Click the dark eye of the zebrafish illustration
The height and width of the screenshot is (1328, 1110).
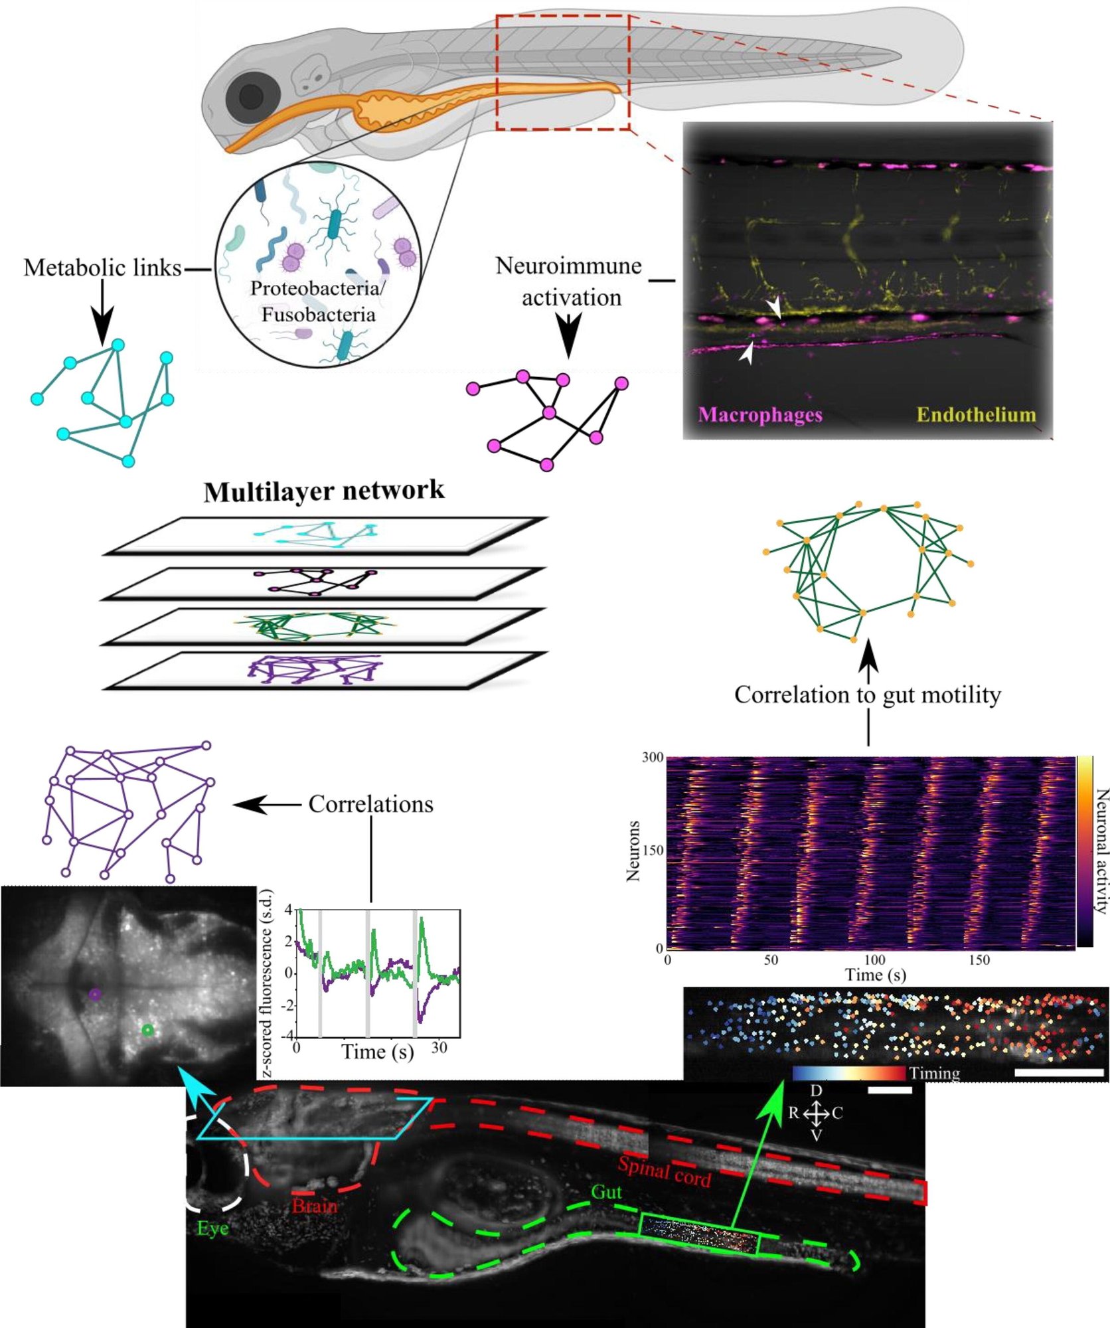coord(251,97)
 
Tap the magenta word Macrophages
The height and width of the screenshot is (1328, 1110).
coord(760,415)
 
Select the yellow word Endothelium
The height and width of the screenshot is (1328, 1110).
coord(976,415)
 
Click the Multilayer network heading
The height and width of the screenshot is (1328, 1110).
coord(324,491)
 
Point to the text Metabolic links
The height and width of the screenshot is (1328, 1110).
coord(102,268)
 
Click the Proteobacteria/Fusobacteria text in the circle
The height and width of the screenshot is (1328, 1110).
coord(318,301)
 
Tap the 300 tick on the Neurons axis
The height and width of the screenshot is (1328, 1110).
coord(653,758)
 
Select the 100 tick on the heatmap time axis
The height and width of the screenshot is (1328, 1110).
coord(874,960)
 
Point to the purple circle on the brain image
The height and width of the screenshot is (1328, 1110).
coord(95,994)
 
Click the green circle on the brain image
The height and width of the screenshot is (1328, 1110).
coord(147,1031)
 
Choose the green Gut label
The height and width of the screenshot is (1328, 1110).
coord(606,1192)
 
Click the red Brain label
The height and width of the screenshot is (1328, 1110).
coord(315,1205)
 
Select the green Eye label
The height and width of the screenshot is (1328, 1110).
coord(212,1228)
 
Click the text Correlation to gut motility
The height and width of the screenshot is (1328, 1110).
coord(867,695)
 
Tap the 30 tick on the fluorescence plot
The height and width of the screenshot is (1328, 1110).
coord(439,1048)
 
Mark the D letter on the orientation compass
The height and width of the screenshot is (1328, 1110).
coord(816,1091)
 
